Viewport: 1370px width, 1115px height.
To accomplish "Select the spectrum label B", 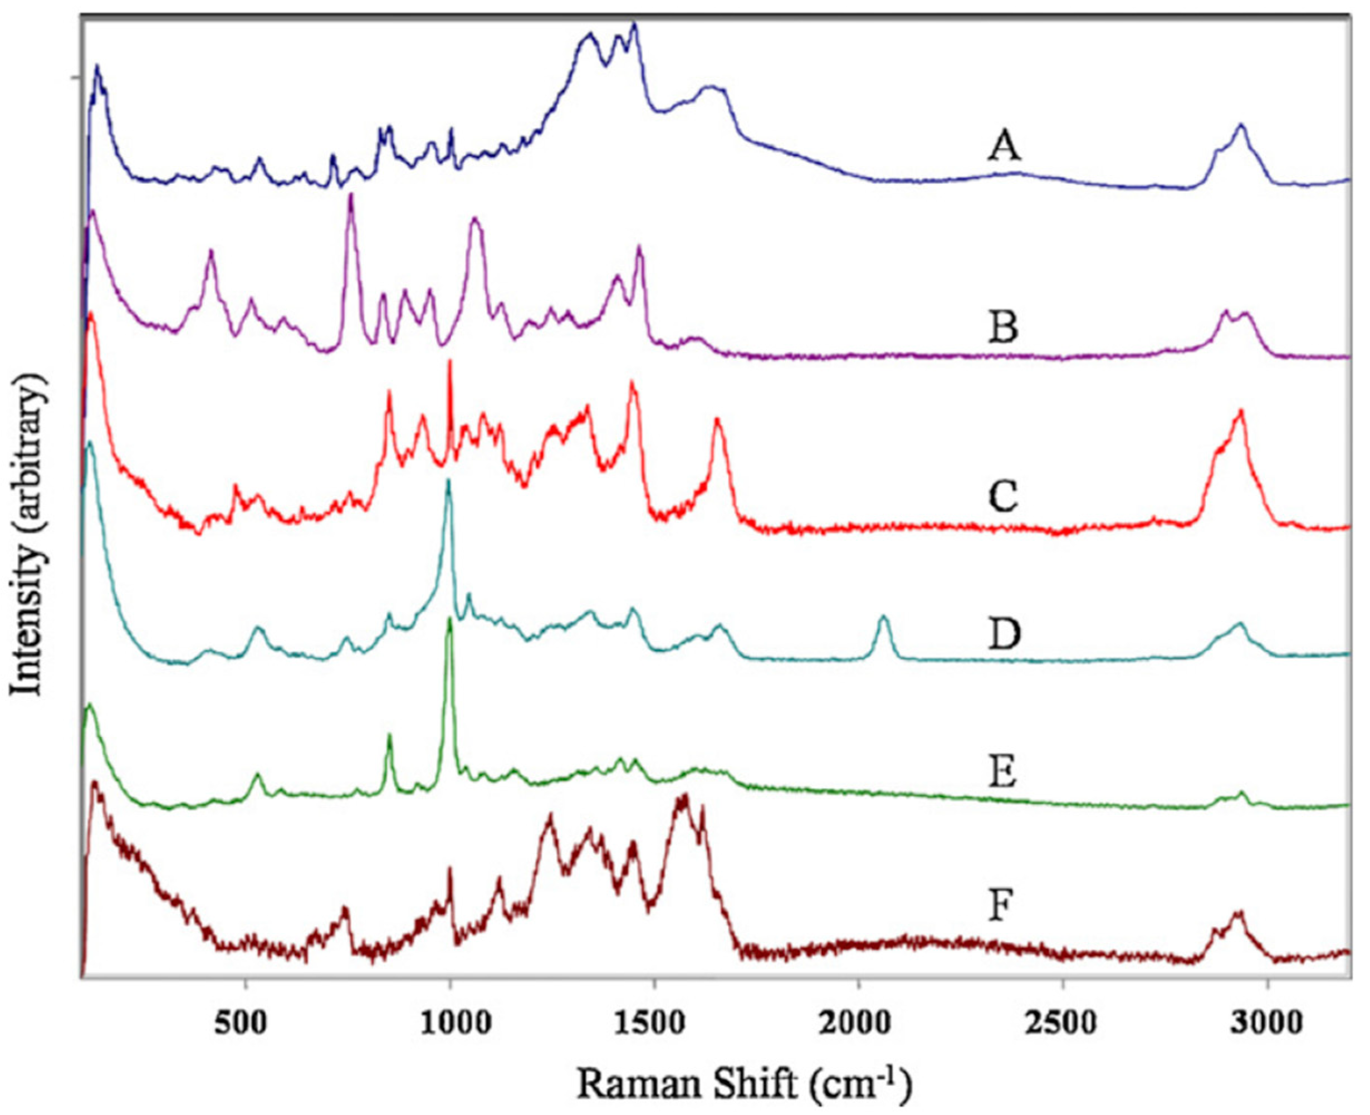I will point(1002,327).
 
